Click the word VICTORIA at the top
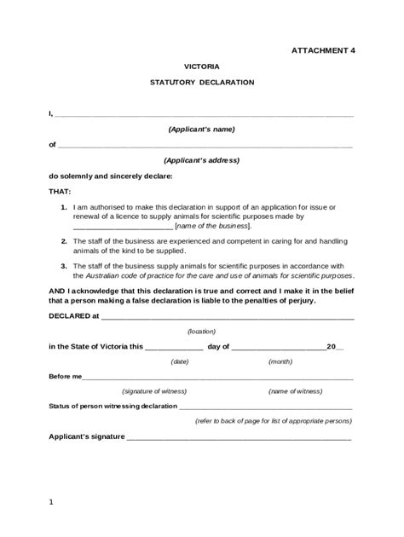pyautogui.click(x=202, y=66)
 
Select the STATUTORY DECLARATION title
pyautogui.click(x=202, y=83)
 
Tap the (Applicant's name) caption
pyautogui.click(x=202, y=129)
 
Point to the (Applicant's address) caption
pyautogui.click(x=202, y=160)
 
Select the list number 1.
pyautogui.click(x=64, y=208)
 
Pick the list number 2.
pyautogui.click(x=64, y=242)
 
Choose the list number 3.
pyautogui.click(x=64, y=265)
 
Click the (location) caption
pyautogui.click(x=202, y=331)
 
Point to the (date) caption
pyautogui.click(x=180, y=361)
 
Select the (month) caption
pyautogui.click(x=280, y=361)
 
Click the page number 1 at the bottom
pyautogui.click(x=51, y=502)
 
